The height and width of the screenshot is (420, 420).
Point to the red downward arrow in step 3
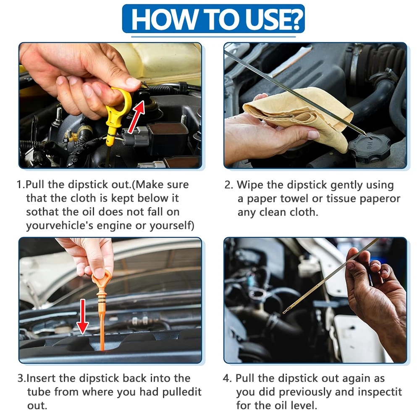[x=83, y=316]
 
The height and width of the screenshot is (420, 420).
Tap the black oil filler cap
[x=369, y=147]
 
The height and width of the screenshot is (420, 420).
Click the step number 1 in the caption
[x=19, y=185]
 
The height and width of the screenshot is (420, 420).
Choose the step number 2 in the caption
[x=228, y=185]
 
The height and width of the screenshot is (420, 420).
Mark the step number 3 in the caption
[x=20, y=378]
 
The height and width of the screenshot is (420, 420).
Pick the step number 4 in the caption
[x=227, y=378]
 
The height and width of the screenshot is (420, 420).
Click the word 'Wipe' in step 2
[x=249, y=185]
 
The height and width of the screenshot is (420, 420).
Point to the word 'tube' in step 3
[x=39, y=392]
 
